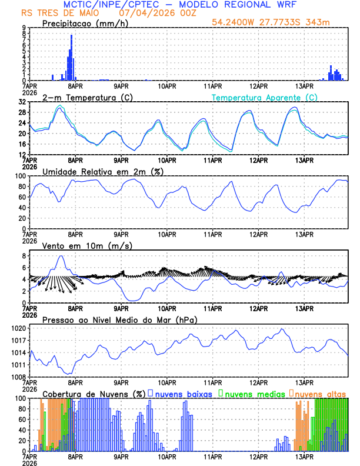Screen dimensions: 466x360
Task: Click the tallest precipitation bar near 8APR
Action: [71, 58]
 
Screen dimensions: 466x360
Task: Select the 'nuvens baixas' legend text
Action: [183, 393]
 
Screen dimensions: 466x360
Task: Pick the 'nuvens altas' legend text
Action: [321, 393]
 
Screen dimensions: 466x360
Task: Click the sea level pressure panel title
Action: [119, 319]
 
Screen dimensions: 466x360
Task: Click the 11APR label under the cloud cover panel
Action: [212, 456]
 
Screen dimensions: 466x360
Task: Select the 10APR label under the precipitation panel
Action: [167, 85]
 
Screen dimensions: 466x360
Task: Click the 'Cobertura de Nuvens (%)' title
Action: [94, 393]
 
